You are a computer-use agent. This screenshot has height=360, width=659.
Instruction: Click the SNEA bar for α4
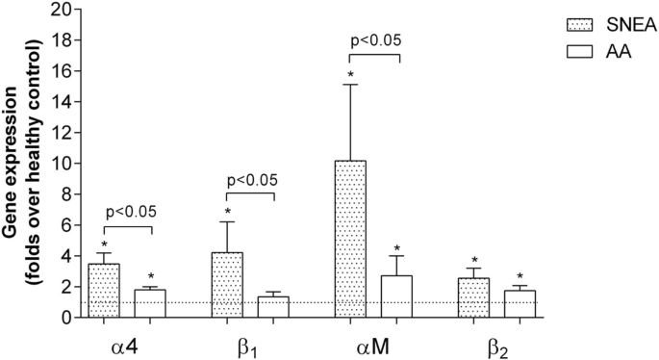pyautogui.click(x=103, y=291)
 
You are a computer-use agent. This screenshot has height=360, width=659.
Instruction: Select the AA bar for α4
pyautogui.click(x=150, y=304)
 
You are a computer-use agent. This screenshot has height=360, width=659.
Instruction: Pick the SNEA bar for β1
pyautogui.click(x=227, y=285)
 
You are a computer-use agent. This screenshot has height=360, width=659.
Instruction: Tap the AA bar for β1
pyautogui.click(x=274, y=307)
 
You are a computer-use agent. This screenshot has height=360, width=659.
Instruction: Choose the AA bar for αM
pyautogui.click(x=396, y=296)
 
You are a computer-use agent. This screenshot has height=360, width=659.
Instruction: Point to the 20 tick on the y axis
pyautogui.click(x=63, y=10)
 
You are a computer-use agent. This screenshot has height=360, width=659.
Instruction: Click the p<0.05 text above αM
pyautogui.click(x=374, y=40)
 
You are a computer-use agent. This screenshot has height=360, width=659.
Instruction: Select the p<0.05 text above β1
pyautogui.click(x=251, y=179)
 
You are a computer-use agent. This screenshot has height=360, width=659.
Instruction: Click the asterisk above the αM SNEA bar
pyautogui.click(x=351, y=74)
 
